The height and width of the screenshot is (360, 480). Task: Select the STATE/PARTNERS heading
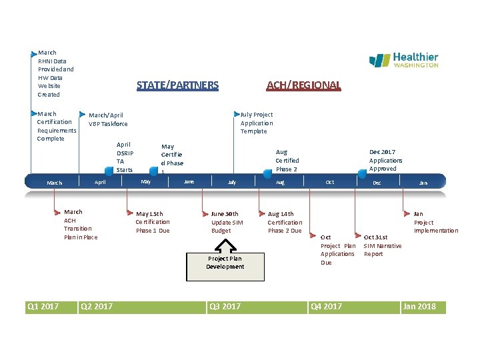point(177,85)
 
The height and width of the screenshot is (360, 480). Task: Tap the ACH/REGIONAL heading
point(303,85)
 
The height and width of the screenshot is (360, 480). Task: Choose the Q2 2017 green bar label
point(96,307)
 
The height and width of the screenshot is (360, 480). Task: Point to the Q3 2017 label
point(225,307)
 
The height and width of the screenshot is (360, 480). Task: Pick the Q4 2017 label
point(326,307)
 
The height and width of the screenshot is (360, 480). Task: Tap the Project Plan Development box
point(225,262)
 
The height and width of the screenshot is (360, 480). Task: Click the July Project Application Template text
point(257,123)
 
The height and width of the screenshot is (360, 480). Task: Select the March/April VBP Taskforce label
point(107,119)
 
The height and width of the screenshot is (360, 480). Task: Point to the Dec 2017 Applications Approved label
point(386,160)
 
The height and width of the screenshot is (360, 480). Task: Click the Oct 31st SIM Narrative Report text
point(382,245)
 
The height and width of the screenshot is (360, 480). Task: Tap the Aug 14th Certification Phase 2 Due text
point(285,222)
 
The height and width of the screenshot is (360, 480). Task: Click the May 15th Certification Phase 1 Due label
point(153,222)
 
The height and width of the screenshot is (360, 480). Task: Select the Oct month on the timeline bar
point(329,182)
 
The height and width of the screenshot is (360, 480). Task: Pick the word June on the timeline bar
point(189,181)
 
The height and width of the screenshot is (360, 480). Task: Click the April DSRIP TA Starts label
point(125,157)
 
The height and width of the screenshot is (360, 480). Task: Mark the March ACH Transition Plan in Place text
point(80,224)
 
